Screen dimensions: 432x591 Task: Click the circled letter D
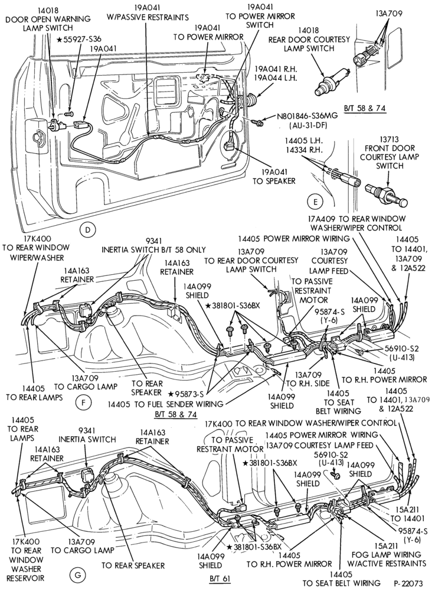click(87, 229)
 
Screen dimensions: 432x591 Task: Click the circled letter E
click(315, 202)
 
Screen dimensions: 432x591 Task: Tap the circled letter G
click(77, 574)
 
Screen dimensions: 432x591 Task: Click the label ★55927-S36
click(79, 39)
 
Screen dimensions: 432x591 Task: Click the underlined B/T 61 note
click(220, 578)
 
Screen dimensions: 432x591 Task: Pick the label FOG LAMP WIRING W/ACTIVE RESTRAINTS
click(386, 559)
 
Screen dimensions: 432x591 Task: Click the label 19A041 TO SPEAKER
click(274, 177)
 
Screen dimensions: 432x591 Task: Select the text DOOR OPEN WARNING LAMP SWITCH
click(48, 23)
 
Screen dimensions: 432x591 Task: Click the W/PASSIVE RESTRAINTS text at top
click(148, 17)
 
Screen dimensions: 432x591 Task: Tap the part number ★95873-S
click(186, 394)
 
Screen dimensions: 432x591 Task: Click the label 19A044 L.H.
click(276, 79)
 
